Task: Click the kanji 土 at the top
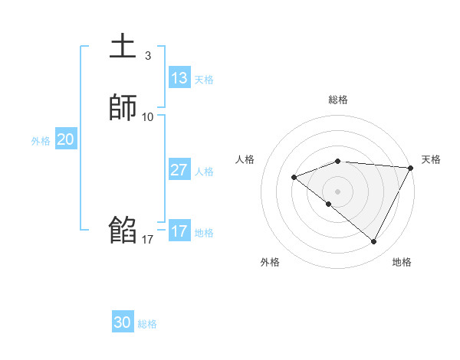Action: [x=123, y=47]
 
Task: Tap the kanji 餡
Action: [x=123, y=230]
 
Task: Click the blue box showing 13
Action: [x=179, y=78]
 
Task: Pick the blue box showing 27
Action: [x=179, y=170]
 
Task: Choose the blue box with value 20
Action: [x=65, y=139]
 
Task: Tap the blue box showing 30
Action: [x=123, y=322]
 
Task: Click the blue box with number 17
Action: [x=179, y=231]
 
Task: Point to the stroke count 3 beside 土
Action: [x=148, y=56]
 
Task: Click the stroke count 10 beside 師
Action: [x=148, y=117]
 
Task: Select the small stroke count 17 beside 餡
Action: [x=148, y=240]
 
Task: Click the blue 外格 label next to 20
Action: [x=41, y=141]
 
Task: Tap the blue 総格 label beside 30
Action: [x=147, y=324]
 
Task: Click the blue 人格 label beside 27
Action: [x=205, y=172]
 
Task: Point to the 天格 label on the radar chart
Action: [x=431, y=159]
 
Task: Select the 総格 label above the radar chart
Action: [x=338, y=100]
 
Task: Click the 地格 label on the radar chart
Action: [x=402, y=262]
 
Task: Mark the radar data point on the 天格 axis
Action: [x=411, y=168]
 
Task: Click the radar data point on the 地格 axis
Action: [x=374, y=242]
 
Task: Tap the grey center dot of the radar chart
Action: [x=338, y=191]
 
